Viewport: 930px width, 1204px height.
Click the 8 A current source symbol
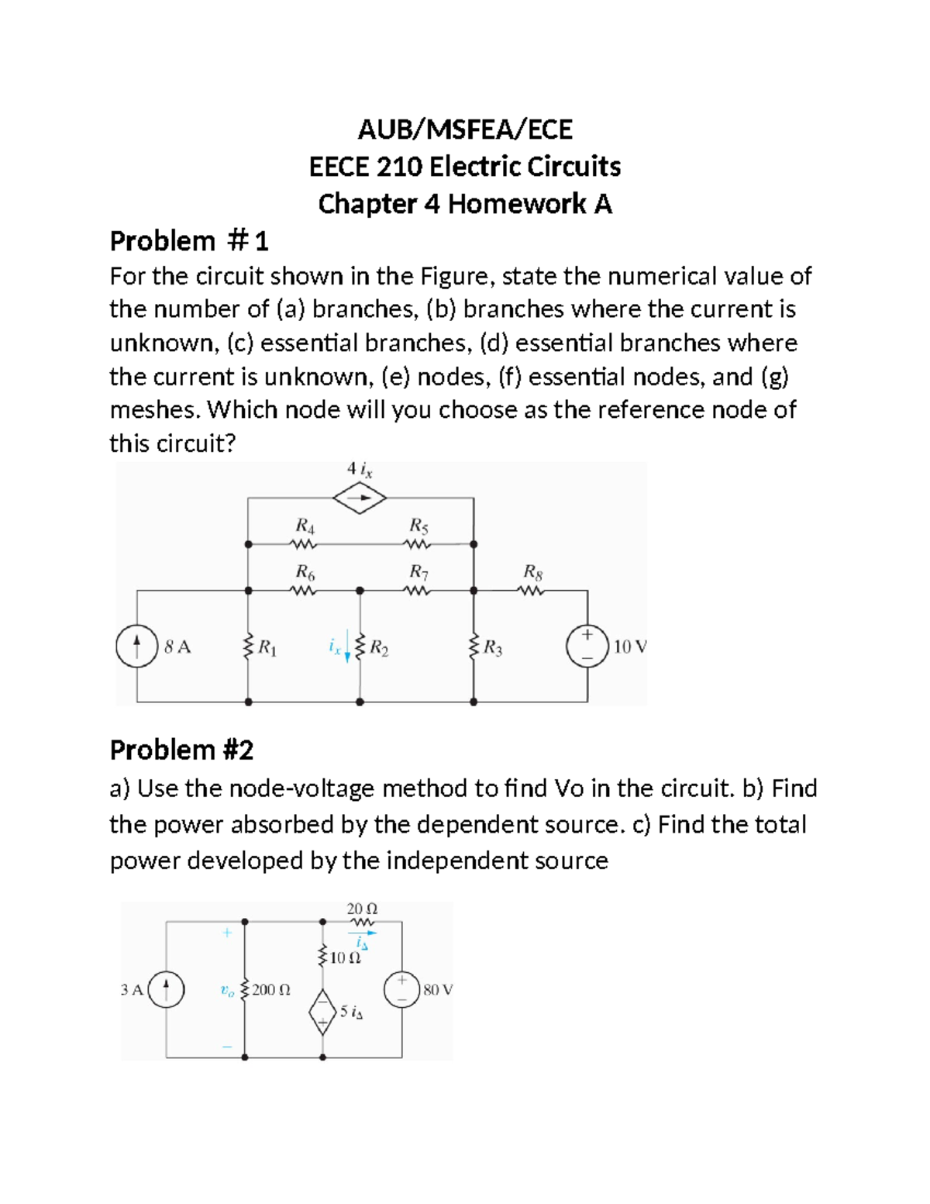(136, 647)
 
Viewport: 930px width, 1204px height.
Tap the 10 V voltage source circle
(587, 647)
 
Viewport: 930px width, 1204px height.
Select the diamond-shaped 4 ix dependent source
(360, 498)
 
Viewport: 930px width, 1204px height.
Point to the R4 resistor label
(305, 528)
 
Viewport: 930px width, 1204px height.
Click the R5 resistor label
(418, 526)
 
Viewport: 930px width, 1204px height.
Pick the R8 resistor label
(532, 573)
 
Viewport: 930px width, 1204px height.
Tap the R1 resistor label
(268, 647)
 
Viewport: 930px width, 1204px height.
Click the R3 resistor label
(493, 648)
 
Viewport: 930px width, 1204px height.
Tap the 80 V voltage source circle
(401, 990)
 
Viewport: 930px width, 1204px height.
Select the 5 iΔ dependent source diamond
(323, 1012)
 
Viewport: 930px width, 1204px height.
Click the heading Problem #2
(181, 750)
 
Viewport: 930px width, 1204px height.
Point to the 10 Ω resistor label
(345, 958)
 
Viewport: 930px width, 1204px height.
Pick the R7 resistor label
(418, 573)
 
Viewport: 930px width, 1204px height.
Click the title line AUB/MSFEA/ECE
(465, 129)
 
